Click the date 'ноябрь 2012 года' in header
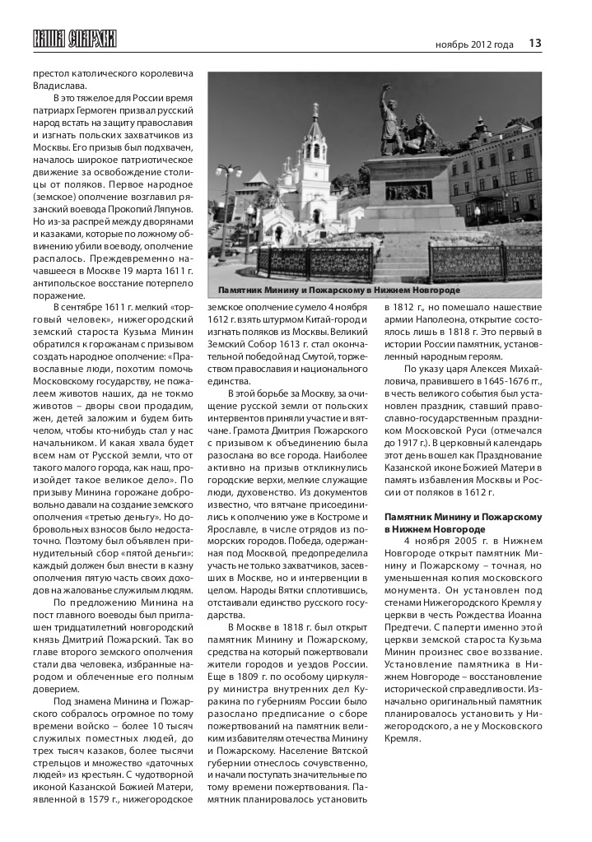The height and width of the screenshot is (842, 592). [x=474, y=44]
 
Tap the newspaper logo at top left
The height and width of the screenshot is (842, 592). [x=74, y=39]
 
